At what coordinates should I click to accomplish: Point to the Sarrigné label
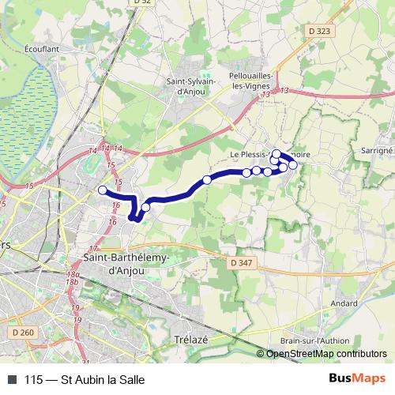click(x=375, y=148)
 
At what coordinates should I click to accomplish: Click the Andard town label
click(x=344, y=302)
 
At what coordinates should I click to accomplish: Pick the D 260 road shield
click(x=23, y=333)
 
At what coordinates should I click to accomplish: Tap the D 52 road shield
click(x=141, y=3)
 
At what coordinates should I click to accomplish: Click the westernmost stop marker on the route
click(x=102, y=190)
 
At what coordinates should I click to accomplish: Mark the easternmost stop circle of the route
click(x=293, y=164)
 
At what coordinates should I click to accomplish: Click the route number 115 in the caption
click(x=34, y=379)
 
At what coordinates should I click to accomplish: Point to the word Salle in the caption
click(x=130, y=379)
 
